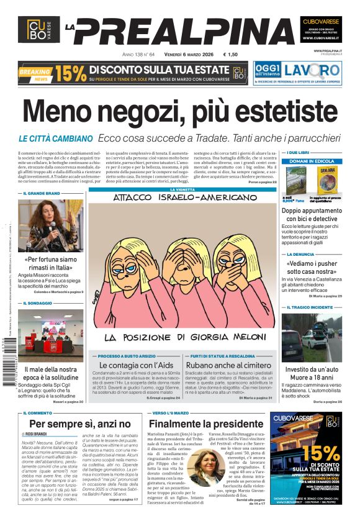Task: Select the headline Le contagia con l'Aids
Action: tap(135, 365)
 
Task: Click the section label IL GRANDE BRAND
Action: tap(42, 193)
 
